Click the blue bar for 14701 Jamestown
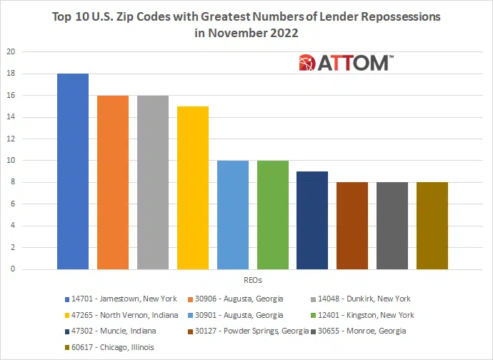(x=73, y=171)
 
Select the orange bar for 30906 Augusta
(x=113, y=182)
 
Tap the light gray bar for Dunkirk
(x=153, y=182)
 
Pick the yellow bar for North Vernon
(x=193, y=188)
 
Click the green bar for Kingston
(x=273, y=215)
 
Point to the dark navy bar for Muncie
(x=312, y=221)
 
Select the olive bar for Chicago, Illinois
(x=432, y=226)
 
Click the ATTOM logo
(x=344, y=62)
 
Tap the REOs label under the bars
(x=252, y=280)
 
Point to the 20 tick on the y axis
(x=11, y=52)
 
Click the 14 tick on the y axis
(x=11, y=117)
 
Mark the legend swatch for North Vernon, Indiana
(x=66, y=315)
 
